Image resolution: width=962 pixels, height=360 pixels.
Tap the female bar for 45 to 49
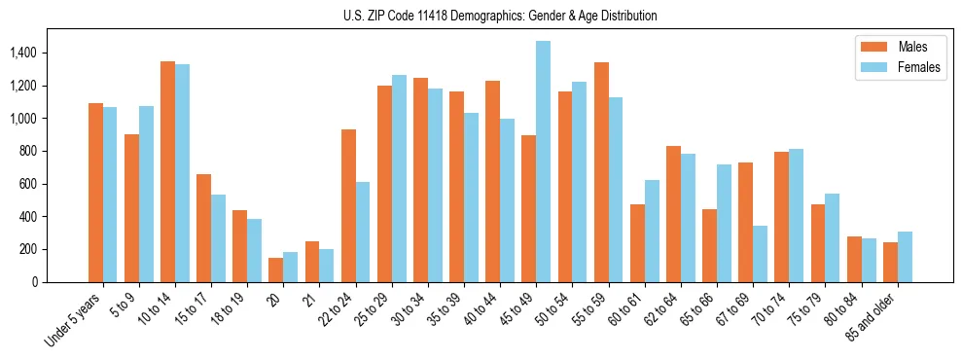543,162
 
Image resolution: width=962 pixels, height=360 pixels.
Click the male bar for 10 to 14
167,172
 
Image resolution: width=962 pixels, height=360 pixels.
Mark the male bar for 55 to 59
601,172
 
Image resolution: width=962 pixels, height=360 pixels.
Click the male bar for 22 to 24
348,205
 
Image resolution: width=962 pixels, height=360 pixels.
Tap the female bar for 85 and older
905,257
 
